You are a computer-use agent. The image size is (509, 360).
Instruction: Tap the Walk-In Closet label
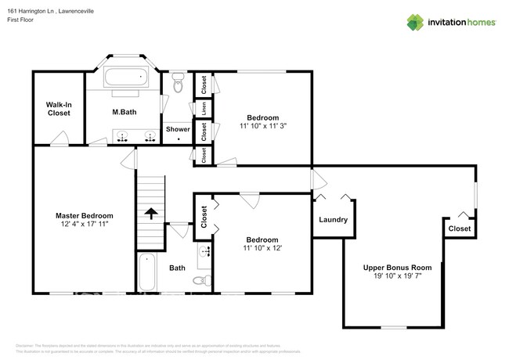pos(58,109)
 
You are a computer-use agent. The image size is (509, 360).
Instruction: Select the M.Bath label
pos(124,112)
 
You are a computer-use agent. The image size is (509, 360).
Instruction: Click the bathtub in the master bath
pos(125,78)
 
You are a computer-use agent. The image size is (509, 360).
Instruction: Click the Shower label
pos(178,129)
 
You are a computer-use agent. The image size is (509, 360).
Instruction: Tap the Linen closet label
pos(204,109)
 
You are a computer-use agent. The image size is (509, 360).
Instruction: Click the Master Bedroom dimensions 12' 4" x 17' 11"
pos(84,224)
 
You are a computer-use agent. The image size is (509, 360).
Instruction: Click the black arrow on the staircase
pos(151,212)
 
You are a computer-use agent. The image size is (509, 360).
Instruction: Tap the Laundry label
pos(333,219)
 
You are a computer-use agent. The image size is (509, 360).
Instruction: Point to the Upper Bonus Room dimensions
pos(397,276)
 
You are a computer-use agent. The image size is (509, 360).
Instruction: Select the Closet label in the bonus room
pos(460,229)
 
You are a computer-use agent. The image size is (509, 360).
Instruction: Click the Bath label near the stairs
pos(178,268)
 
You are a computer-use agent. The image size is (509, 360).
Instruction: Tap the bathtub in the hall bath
pos(147,272)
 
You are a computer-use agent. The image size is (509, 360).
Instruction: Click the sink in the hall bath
pos(204,252)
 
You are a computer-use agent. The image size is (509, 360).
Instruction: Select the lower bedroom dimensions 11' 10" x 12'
pos(262,248)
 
